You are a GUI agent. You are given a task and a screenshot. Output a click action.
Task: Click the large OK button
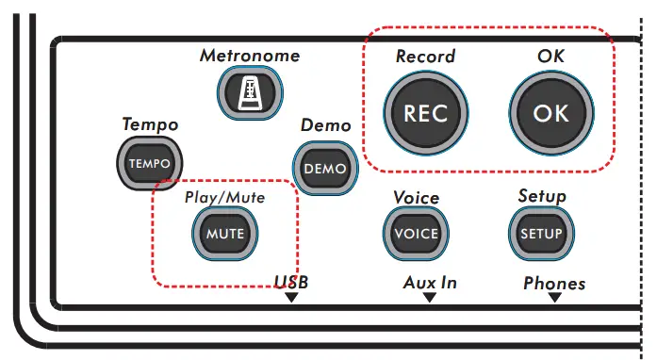[550, 113]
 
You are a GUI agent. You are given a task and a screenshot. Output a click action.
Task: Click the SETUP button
[541, 233]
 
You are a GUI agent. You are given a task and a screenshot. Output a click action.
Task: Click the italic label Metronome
[250, 56]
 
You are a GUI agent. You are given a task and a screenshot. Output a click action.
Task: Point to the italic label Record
[425, 57]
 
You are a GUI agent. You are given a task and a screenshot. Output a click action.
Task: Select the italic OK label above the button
[550, 57]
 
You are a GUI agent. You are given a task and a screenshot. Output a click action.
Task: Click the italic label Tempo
[150, 124]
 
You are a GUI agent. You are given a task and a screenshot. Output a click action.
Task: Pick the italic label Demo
[325, 125]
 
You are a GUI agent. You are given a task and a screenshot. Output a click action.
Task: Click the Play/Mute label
[224, 198]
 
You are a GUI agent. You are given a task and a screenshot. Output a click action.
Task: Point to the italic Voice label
[416, 198]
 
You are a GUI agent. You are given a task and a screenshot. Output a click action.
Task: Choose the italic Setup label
[542, 197]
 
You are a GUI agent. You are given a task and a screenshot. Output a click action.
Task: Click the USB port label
[291, 282]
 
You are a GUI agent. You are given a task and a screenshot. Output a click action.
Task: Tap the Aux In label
[430, 282]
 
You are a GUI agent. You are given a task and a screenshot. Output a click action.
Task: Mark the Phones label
[554, 283]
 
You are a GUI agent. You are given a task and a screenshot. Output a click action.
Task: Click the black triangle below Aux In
[430, 298]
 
